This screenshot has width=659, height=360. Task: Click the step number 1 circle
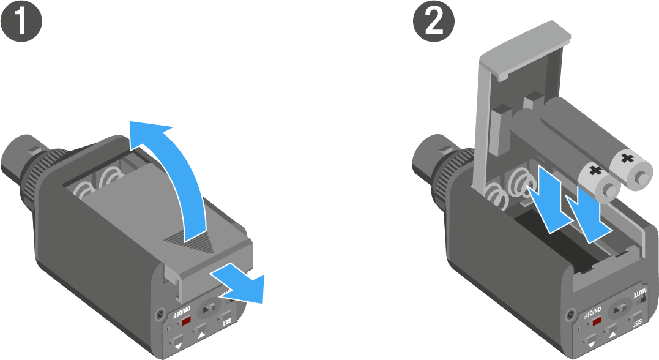click(x=21, y=21)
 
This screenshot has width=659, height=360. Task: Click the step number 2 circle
click(x=434, y=21)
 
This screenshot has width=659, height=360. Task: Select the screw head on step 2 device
click(x=570, y=313)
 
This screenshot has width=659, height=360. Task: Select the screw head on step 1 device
click(x=159, y=313)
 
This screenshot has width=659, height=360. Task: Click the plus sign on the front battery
click(x=595, y=171)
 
